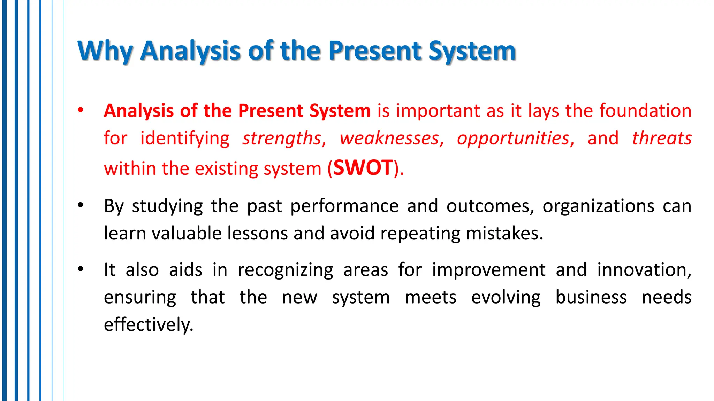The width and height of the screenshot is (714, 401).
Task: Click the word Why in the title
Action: click(105, 51)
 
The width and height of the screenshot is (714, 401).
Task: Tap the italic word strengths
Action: click(282, 138)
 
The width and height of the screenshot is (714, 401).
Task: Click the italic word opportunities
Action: click(514, 138)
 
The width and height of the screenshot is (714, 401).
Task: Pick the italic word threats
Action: click(662, 138)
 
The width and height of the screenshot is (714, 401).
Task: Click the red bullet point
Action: click(81, 111)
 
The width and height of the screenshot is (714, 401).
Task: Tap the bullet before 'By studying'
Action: click(81, 205)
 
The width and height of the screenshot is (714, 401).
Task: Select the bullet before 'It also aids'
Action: click(81, 269)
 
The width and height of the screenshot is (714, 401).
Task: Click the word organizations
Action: click(598, 206)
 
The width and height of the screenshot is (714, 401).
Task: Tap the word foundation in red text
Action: click(645, 111)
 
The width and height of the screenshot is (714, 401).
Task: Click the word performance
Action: click(344, 206)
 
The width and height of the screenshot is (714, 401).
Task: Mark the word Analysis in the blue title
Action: click(190, 51)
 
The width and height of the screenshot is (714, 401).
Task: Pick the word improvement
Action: click(488, 270)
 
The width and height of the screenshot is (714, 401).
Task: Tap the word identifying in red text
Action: click(185, 138)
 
